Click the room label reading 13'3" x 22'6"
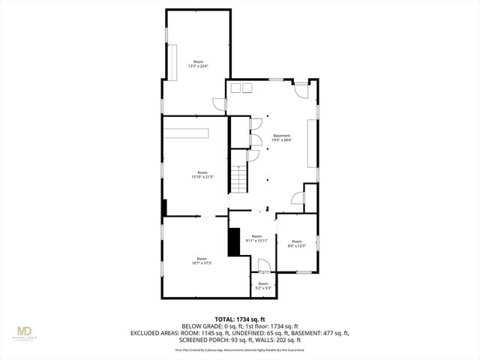click(198, 64)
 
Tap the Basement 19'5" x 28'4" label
click(281, 138)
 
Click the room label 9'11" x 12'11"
click(257, 238)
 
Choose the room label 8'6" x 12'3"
click(296, 243)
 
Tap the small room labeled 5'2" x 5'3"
click(262, 285)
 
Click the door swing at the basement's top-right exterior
click(300, 89)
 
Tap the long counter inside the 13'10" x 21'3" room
click(188, 133)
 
